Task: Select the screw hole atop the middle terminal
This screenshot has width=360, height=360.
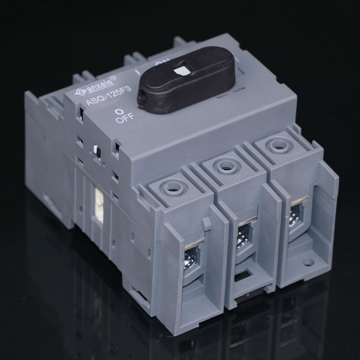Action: point(224,167)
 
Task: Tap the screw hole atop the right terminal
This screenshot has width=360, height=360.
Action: point(275,145)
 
